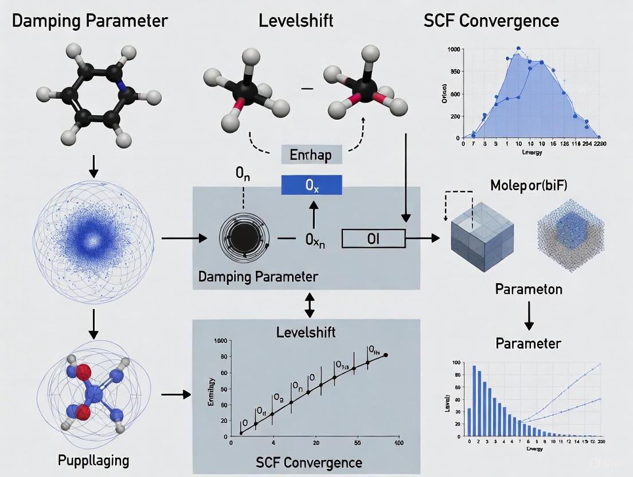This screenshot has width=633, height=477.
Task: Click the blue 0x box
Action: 312,185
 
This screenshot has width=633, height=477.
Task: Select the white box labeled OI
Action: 373,238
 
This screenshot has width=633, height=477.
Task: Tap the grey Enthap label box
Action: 312,155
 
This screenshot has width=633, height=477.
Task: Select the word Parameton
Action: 528,288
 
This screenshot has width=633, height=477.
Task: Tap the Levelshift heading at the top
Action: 296,21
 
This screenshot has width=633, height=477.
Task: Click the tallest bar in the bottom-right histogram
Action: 474,401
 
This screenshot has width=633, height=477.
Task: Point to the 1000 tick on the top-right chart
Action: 454,50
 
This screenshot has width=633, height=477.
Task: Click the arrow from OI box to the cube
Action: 424,238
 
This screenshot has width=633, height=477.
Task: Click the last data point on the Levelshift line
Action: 385,355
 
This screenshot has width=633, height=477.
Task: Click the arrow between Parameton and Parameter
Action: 529,316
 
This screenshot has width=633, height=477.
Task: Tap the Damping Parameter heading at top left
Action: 90,21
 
